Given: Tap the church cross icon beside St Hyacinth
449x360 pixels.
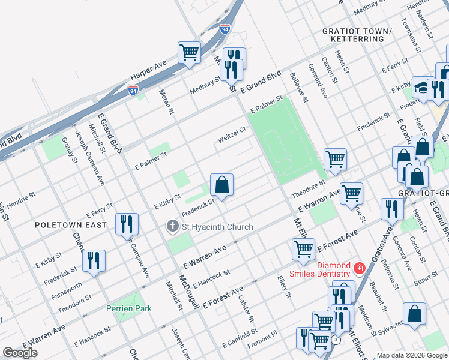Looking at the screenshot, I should (173, 227).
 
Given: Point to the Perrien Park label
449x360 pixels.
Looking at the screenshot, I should (128, 308).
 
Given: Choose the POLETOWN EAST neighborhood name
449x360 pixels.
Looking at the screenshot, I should (79, 224).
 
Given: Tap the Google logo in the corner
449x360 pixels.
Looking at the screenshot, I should (20, 353).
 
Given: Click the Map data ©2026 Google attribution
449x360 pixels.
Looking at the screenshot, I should (411, 355).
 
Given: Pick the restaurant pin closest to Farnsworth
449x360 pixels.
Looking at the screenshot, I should (94, 261).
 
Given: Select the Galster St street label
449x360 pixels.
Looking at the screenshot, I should (247, 308).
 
